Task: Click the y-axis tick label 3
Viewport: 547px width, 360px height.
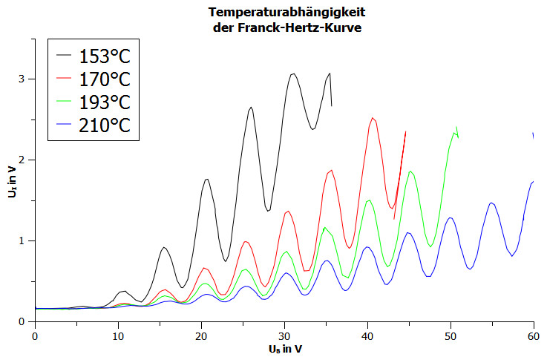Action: tap(22, 79)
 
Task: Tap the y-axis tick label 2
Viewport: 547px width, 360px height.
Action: tap(22, 160)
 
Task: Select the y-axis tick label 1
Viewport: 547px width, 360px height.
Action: tap(22, 241)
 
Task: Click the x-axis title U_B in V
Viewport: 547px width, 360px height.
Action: tap(284, 348)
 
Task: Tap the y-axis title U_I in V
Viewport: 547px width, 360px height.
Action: tap(10, 180)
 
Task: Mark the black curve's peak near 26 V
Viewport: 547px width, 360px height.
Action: tap(251, 108)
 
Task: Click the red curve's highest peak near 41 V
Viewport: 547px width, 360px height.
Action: tap(373, 118)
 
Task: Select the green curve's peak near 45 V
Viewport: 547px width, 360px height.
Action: tap(410, 171)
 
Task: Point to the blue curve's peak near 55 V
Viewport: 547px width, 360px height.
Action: tap(491, 203)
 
